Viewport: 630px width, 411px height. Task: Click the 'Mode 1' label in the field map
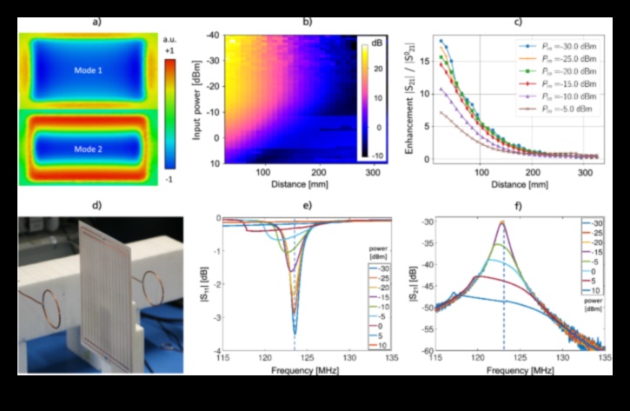point(89,69)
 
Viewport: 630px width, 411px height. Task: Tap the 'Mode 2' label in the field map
point(89,149)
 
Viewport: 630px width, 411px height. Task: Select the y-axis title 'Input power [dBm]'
point(198,96)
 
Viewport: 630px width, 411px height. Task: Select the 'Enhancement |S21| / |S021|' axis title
point(409,97)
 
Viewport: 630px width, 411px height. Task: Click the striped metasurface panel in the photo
point(105,287)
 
